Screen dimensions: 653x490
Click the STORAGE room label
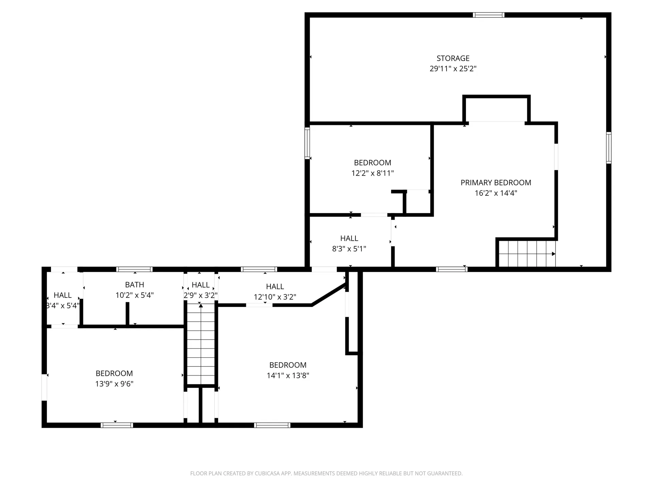[453, 58]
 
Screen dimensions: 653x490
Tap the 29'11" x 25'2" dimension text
[453, 69]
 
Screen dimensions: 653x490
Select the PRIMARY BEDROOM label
[496, 183]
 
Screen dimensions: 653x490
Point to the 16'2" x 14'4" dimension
[496, 193]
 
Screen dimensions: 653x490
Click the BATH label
[135, 285]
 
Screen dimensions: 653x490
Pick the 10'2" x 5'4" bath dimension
[135, 295]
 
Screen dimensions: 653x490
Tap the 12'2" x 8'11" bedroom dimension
[373, 173]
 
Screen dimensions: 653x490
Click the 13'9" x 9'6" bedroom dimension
[114, 384]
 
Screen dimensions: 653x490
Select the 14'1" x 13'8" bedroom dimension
[288, 376]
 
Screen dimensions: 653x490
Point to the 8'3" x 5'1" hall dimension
[349, 249]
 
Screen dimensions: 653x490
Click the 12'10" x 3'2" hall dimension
[275, 297]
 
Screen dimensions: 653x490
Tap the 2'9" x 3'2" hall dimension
[201, 295]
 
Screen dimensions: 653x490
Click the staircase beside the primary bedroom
[526, 254]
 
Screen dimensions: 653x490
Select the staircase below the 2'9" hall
[201, 344]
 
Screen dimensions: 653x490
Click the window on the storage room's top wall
[489, 15]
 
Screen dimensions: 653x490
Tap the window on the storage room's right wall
[609, 148]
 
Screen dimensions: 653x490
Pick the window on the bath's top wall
[134, 269]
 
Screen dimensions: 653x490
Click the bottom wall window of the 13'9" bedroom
[117, 425]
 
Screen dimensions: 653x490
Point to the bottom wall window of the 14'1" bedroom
[272, 425]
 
